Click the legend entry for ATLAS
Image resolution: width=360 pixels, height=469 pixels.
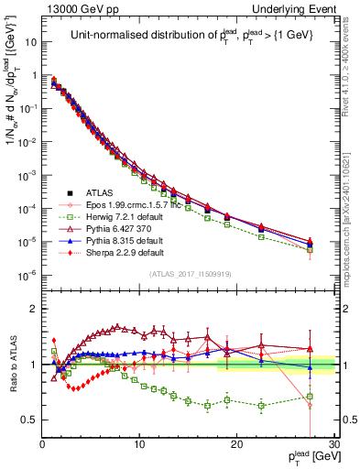click(88, 193)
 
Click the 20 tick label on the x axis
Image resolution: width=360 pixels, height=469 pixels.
click(237, 444)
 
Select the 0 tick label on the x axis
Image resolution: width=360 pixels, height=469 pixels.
click(42, 444)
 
